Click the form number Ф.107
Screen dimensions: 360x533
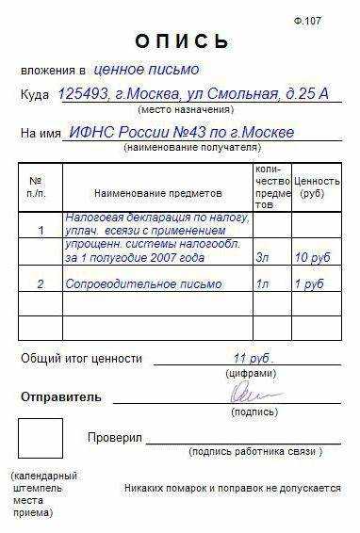coord(334,19)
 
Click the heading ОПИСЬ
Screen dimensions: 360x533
coord(182,41)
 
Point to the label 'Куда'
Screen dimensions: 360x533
coord(35,97)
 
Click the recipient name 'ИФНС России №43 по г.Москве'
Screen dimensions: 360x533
coord(182,132)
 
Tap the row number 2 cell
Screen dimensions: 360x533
coord(41,283)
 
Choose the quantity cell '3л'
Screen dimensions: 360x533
coord(263,257)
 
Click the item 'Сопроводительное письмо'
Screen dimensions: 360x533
coord(144,283)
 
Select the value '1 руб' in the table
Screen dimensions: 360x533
coord(309,283)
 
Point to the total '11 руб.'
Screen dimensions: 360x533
coord(252,358)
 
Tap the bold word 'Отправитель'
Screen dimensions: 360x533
coord(60,397)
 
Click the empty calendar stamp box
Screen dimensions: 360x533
coord(41,438)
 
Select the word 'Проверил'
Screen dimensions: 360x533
coord(114,438)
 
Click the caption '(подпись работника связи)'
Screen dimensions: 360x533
coord(255,452)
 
